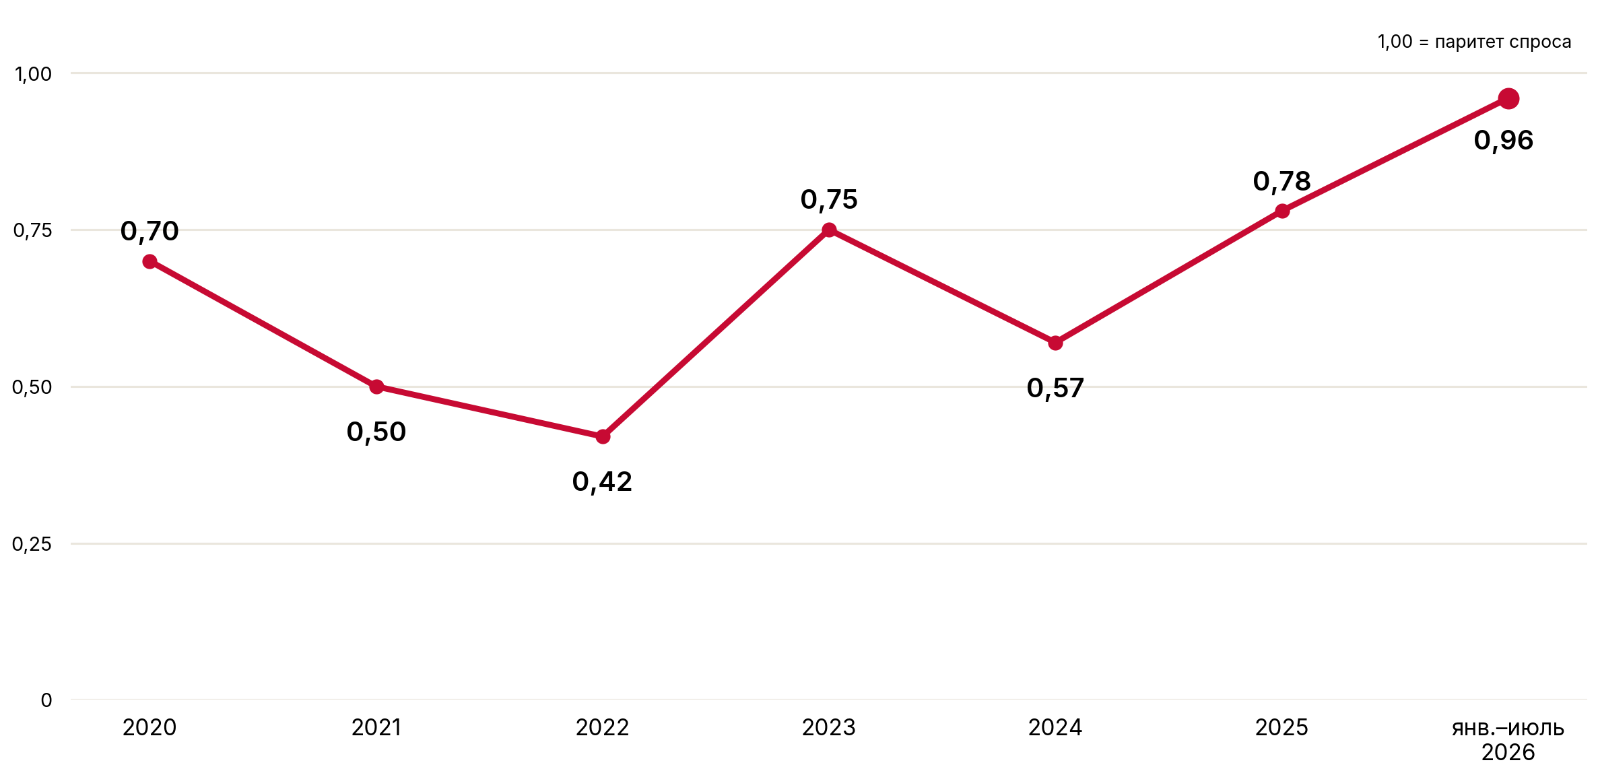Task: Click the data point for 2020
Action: [149, 261]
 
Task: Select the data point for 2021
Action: [376, 386]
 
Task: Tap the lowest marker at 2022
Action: [603, 436]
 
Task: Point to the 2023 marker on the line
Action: [829, 230]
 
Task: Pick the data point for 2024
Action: [1055, 343]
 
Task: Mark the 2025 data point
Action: [1282, 211]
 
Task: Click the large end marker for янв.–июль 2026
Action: [1508, 98]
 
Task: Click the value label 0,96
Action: [1503, 141]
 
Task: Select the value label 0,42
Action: [602, 482]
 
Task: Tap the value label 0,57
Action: [1055, 389]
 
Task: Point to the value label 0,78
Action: [1281, 182]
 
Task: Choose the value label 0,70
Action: [149, 232]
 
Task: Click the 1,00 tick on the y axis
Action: [34, 73]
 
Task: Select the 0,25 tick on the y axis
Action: [32, 544]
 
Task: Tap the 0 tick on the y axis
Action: [46, 700]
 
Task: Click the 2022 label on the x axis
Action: [602, 727]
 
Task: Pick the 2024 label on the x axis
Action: [1055, 727]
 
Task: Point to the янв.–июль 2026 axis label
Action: [1508, 740]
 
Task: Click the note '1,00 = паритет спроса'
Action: [1474, 42]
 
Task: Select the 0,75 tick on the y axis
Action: [32, 230]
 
